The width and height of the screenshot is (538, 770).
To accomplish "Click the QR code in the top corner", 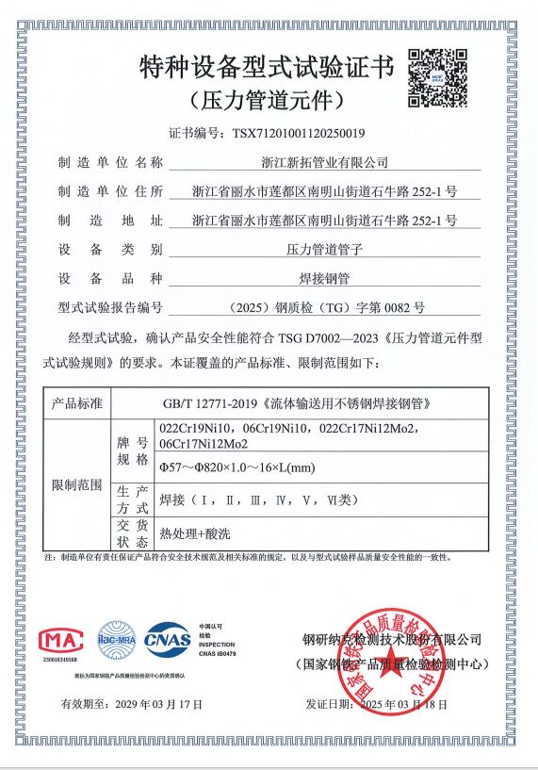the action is tap(436, 74).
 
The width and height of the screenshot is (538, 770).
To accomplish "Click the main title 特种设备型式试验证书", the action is tap(266, 68).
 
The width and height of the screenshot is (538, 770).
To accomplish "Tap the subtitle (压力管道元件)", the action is tap(266, 99).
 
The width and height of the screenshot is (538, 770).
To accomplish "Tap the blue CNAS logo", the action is tap(167, 638).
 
